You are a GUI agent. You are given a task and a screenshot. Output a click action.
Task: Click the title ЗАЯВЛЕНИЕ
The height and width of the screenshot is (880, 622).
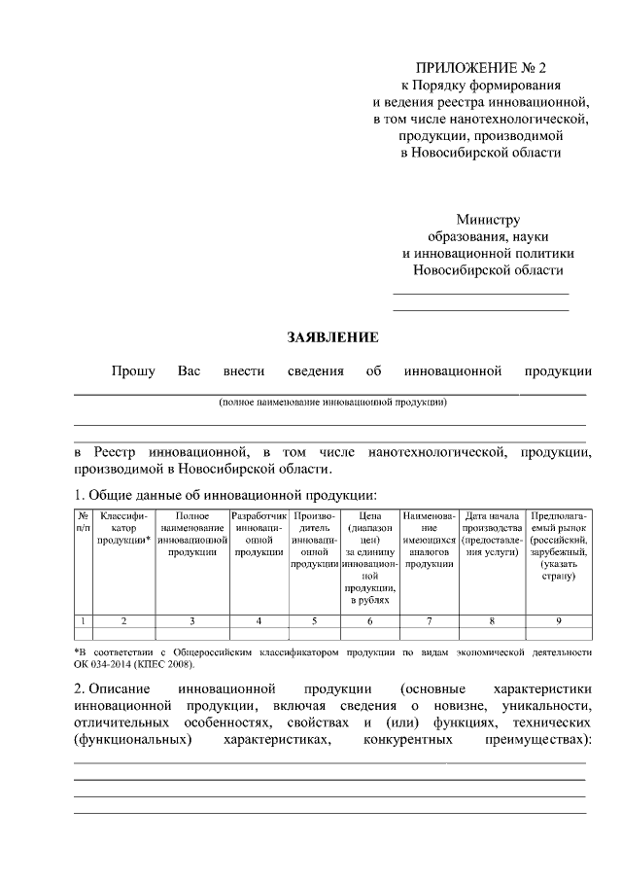tap(331, 337)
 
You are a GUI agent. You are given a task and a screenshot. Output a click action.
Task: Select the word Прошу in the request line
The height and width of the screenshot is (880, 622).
tap(132, 370)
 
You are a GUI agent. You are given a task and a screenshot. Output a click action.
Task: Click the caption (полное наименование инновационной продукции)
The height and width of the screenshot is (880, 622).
tap(332, 401)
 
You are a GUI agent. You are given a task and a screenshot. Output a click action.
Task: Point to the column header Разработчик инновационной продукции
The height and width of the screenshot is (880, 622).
tap(259, 533)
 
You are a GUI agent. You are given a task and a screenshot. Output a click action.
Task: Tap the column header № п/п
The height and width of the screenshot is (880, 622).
tap(84, 519)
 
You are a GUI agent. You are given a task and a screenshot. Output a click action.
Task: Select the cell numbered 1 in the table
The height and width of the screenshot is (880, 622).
tap(84, 619)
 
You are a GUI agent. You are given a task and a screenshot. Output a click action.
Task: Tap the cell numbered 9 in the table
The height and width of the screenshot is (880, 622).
tap(558, 619)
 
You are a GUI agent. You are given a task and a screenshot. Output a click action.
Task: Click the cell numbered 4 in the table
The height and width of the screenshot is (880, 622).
tap(259, 619)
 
